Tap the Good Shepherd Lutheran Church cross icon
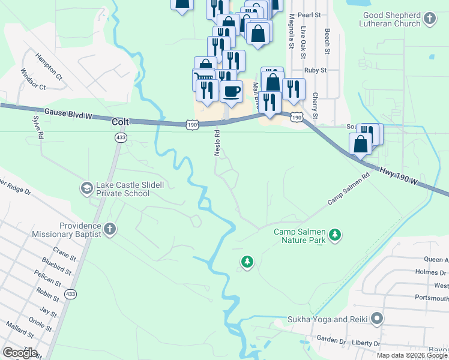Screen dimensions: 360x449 point(430,19)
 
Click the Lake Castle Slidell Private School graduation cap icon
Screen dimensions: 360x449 point(86,188)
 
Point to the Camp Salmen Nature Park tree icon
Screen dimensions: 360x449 point(336,235)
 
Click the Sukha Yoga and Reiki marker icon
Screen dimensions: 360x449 point(376,318)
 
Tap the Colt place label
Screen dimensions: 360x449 point(121,121)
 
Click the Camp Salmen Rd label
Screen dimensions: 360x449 point(348,191)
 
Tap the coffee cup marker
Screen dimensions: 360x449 point(231,91)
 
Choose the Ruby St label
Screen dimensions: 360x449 point(315,70)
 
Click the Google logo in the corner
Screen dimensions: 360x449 point(20,353)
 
